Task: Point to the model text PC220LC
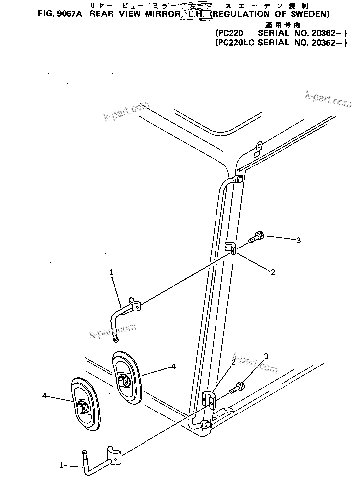pyautogui.click(x=235, y=42)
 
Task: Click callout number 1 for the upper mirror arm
pyautogui.click(x=111, y=272)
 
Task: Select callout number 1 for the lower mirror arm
pyautogui.click(x=62, y=465)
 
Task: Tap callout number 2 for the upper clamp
pyautogui.click(x=273, y=272)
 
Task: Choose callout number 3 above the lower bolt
pyautogui.click(x=266, y=356)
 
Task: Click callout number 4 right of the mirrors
pyautogui.click(x=173, y=366)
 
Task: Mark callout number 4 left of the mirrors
pyautogui.click(x=44, y=396)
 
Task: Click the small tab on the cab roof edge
pyautogui.click(x=259, y=146)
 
